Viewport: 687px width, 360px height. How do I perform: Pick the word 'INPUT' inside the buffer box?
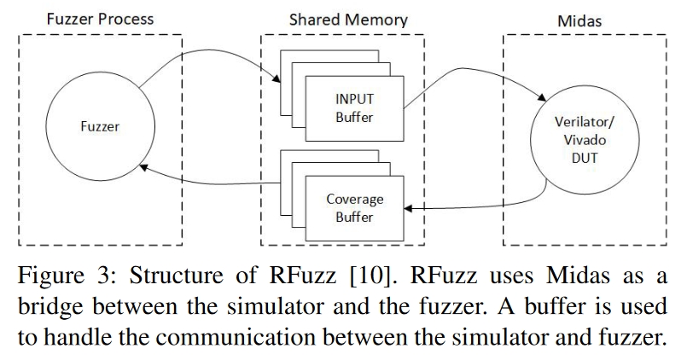(354, 98)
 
